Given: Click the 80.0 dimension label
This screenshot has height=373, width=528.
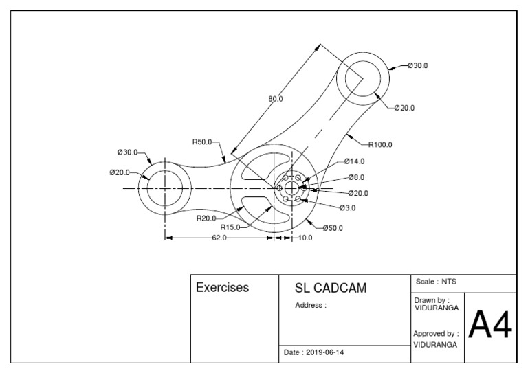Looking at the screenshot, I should [x=275, y=99].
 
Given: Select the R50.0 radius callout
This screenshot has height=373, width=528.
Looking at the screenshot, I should [x=202, y=142].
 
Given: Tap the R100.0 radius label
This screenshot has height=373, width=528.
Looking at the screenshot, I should [x=379, y=144].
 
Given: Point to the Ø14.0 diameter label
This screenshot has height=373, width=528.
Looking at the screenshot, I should [x=355, y=161].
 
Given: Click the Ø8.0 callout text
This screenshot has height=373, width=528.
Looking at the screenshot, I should [x=356, y=177].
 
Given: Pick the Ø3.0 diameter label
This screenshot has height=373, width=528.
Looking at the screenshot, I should [x=347, y=207].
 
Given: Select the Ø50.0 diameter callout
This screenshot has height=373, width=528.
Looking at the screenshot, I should [x=333, y=227].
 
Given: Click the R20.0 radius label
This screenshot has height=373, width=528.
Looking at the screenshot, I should [x=206, y=218].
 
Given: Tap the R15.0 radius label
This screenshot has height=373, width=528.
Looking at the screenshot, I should [x=230, y=227].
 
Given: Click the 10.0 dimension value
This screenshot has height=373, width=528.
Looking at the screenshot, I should [x=305, y=238].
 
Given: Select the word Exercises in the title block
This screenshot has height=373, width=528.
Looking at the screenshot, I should [x=223, y=287].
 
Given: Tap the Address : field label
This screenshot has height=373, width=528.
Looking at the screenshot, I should [x=311, y=305].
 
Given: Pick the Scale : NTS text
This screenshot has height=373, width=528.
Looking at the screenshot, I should [x=436, y=282].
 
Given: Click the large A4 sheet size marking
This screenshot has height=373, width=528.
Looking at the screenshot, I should [x=489, y=326].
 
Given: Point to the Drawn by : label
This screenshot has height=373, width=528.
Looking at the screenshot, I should [x=432, y=300].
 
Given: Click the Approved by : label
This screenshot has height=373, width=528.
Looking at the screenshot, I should [x=436, y=333].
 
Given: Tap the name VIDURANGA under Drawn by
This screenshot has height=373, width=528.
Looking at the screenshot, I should [x=437, y=308].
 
